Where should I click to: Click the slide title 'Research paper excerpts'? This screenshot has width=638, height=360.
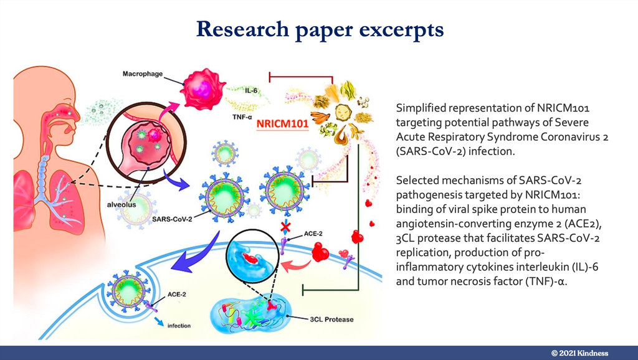click(320, 29)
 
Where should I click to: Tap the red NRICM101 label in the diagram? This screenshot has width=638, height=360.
click(282, 123)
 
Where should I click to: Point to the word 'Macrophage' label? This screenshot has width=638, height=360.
click(143, 74)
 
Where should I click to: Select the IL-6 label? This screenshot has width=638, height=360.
click(251, 91)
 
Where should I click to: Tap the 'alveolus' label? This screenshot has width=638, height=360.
click(121, 205)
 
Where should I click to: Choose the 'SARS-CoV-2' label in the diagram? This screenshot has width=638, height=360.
click(172, 219)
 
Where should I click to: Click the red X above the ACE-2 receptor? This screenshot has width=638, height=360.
click(285, 227)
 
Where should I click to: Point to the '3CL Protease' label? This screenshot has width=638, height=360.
click(331, 320)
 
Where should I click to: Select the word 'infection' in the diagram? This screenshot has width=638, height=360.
click(179, 325)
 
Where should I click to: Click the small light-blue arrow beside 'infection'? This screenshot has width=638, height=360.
click(159, 321)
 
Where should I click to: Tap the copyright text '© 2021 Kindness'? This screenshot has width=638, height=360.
click(579, 353)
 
